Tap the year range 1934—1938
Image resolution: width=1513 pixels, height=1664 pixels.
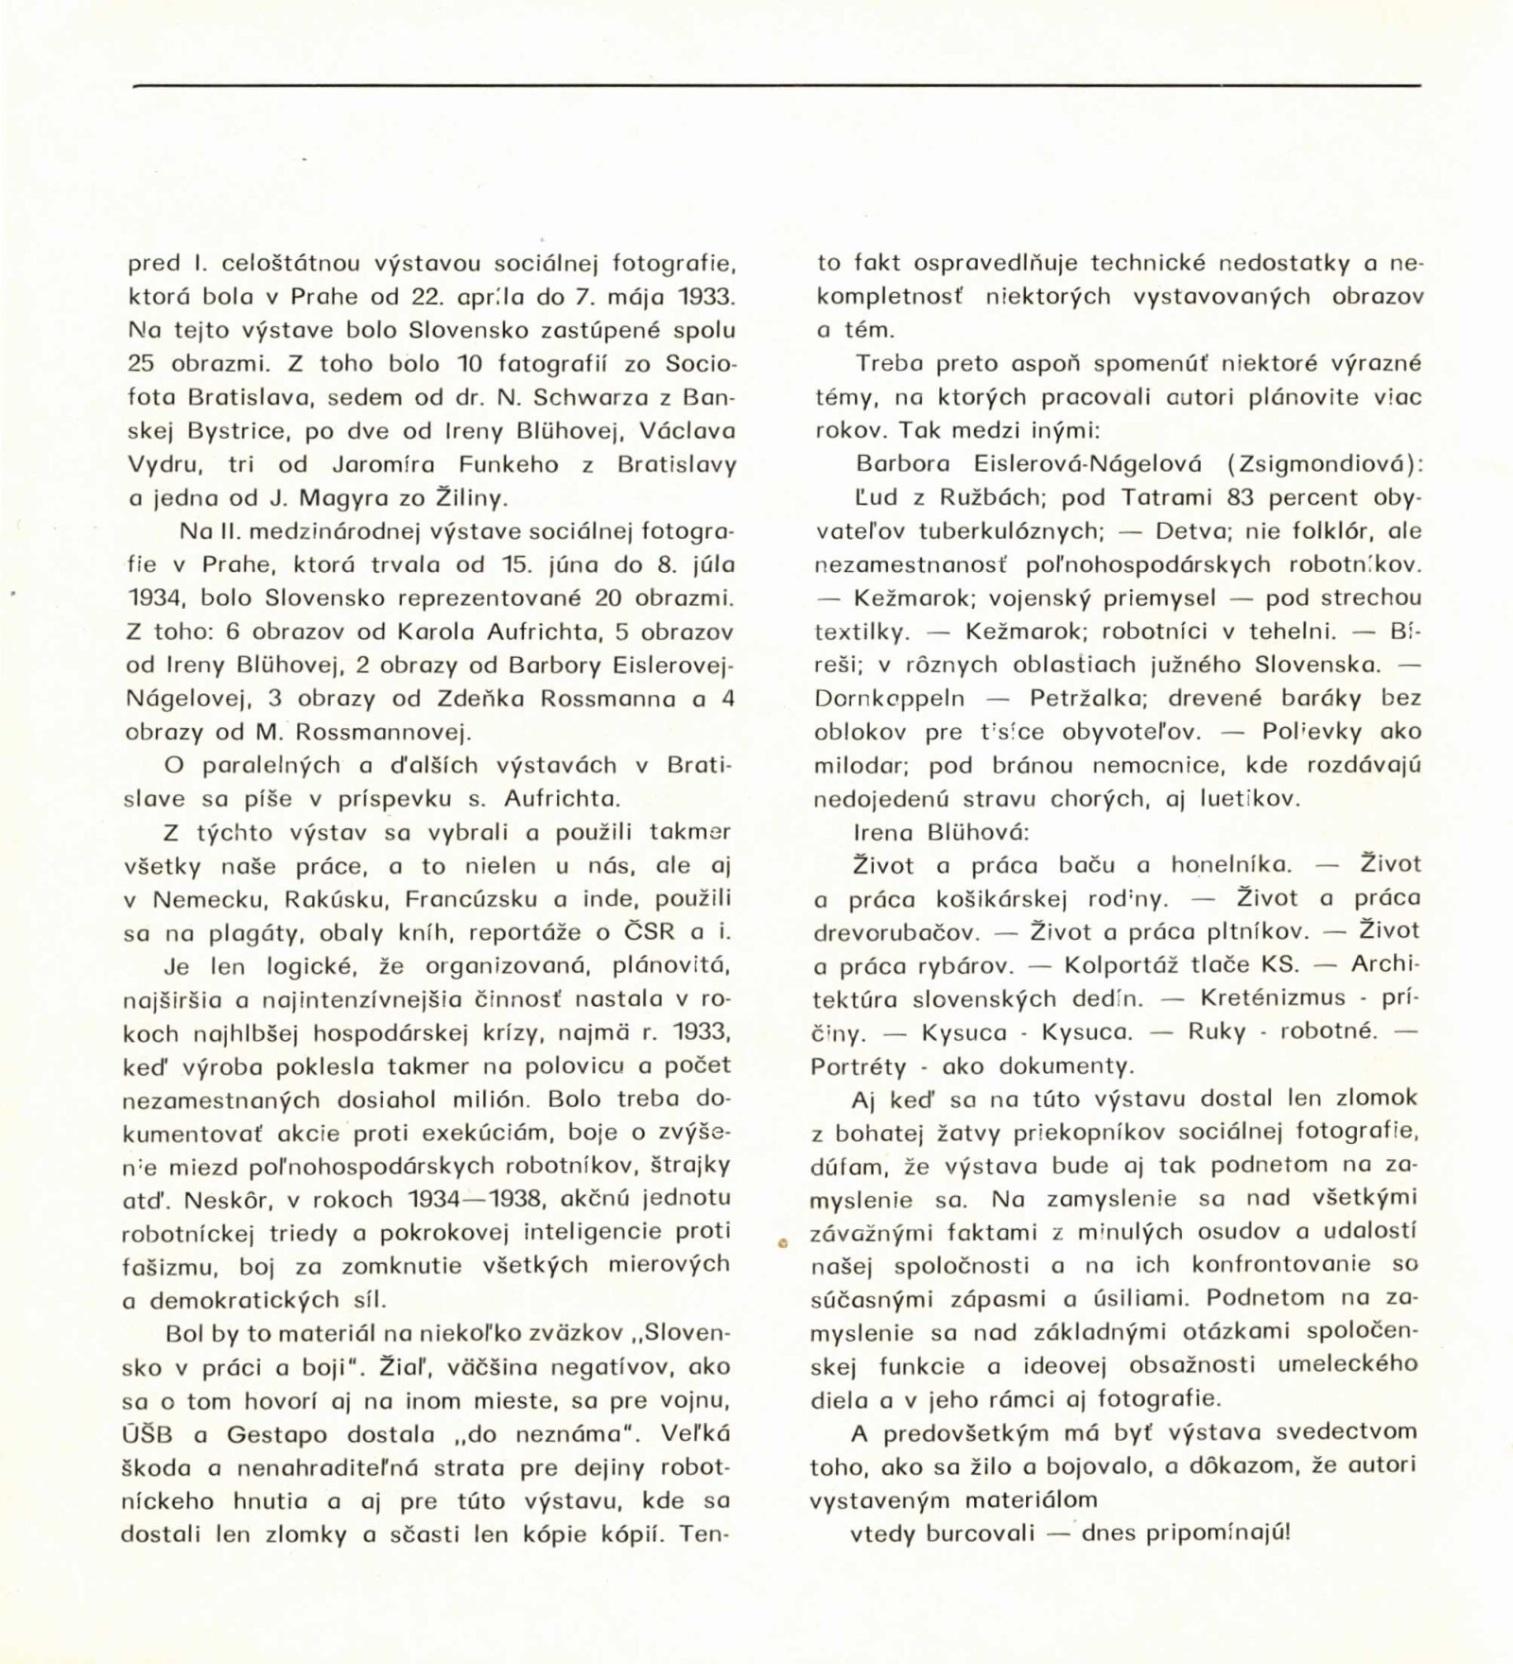coord(477,1199)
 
